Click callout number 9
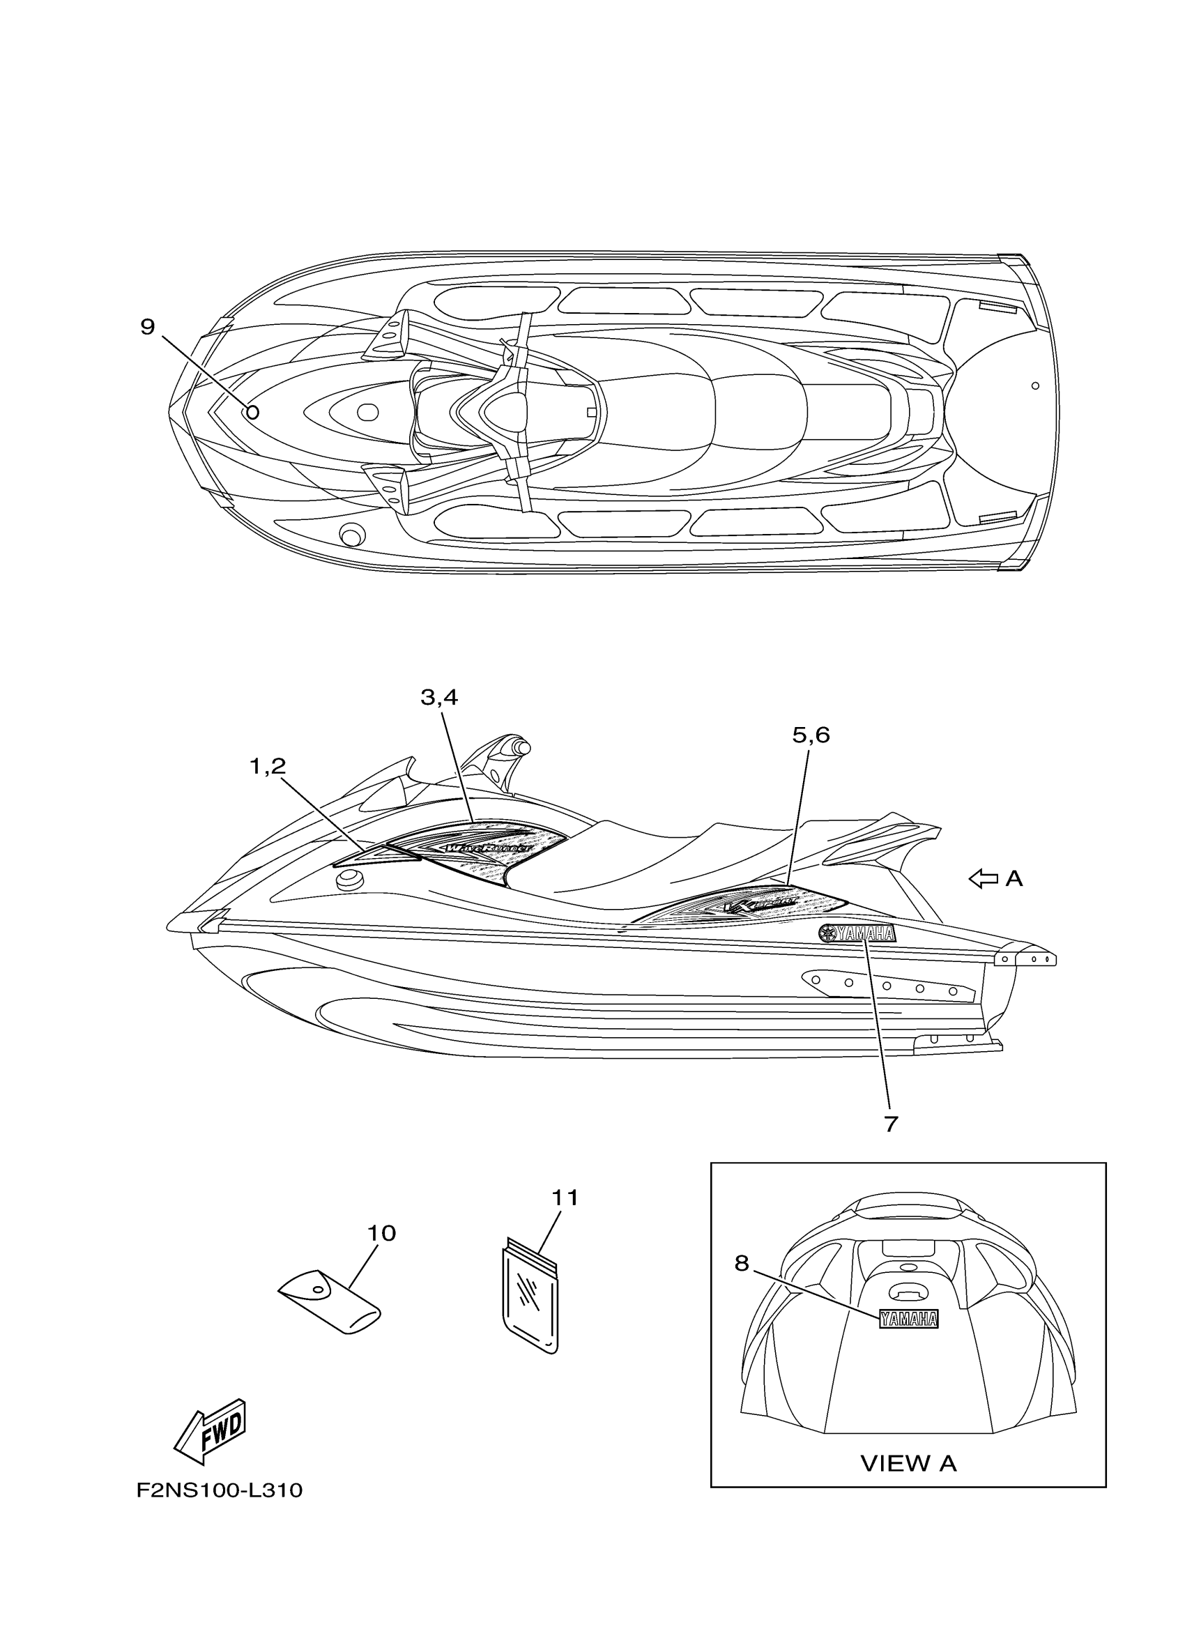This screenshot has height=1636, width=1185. coord(147,328)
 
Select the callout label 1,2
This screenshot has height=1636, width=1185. coord(268,767)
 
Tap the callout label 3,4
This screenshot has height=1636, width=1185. coord(439,698)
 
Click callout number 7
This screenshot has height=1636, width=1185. coord(890,1124)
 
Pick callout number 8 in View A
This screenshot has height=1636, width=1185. coord(742,1263)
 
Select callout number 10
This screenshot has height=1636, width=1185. coord(381,1234)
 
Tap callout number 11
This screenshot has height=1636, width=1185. coord(565,1198)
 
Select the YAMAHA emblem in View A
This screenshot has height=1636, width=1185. coord(908,1320)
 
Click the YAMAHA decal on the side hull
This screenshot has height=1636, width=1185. coord(857,933)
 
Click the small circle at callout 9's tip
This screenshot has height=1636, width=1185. coord(252,413)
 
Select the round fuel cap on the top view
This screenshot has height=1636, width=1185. coord(353,535)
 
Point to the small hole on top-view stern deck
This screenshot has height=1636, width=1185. coord(1035,386)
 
